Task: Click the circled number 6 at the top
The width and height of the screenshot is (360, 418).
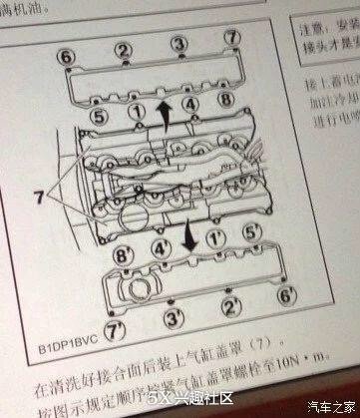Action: [66, 55]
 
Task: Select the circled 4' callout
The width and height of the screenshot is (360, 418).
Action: [160, 248]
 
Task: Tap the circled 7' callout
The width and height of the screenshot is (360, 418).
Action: [119, 326]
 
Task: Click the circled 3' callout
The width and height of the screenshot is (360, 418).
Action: [173, 318]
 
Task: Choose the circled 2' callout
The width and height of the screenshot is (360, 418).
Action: [228, 306]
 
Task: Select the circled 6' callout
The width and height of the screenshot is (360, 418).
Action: [283, 296]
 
